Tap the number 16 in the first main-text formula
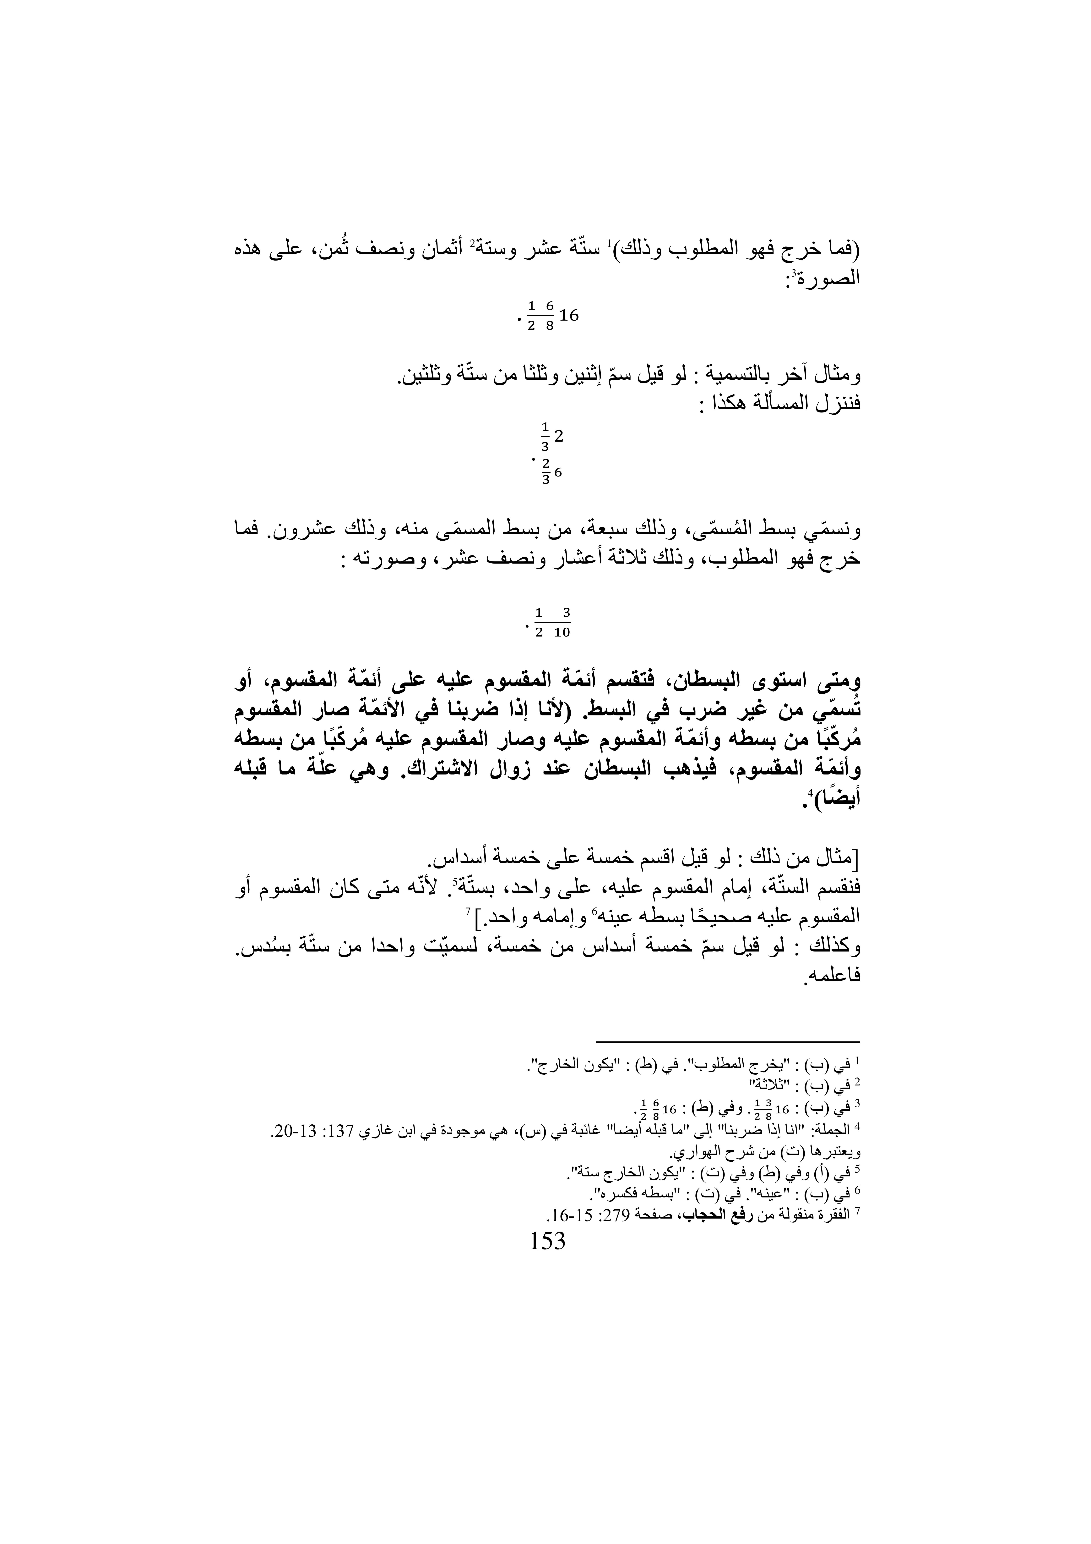click(568, 315)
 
